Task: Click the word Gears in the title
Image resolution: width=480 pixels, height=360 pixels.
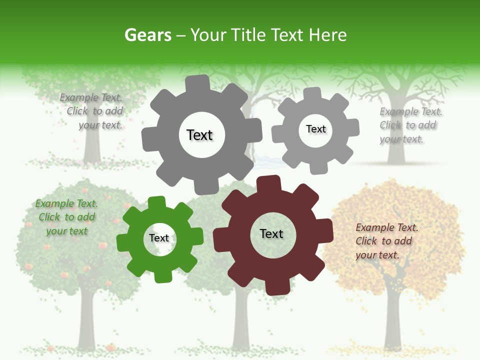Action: click(148, 35)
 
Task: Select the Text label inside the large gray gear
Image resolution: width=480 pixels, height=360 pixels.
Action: click(199, 135)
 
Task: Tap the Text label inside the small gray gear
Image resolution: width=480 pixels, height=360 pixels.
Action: click(315, 129)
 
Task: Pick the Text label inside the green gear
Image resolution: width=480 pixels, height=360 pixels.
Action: click(159, 238)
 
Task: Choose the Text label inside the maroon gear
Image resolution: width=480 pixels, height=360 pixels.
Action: click(271, 233)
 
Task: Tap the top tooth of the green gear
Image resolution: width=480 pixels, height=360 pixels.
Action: click(156, 202)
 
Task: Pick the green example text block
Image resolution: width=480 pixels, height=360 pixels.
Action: click(66, 217)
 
